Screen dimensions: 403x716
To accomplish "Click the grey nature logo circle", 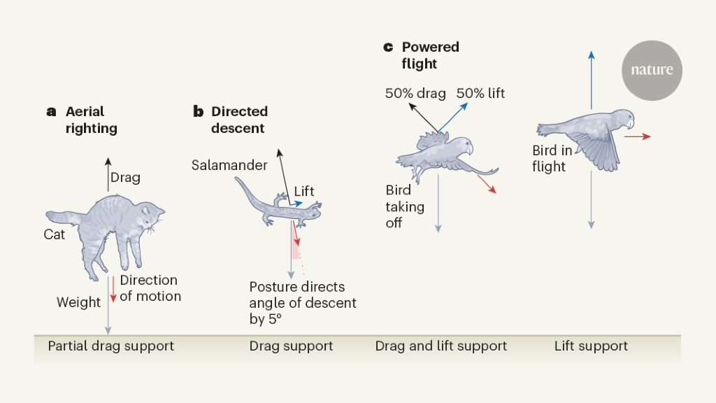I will click(652, 70).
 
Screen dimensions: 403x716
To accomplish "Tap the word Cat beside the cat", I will click(55, 234).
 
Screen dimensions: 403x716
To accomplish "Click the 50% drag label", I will click(415, 93).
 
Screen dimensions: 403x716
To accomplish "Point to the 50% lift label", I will click(481, 93).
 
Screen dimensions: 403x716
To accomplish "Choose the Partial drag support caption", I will click(110, 346).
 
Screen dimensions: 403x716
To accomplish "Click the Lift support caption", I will click(591, 346).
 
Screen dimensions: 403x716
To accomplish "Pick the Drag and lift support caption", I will click(441, 346).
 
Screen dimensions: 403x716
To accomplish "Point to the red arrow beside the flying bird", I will click(637, 137).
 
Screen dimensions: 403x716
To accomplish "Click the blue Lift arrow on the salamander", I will click(297, 202).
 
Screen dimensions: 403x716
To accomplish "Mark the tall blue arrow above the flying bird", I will click(592, 77).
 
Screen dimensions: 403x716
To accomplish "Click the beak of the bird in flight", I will click(631, 124).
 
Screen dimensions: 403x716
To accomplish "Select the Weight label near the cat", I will click(79, 302).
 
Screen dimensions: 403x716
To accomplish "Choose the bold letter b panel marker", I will click(198, 111).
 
